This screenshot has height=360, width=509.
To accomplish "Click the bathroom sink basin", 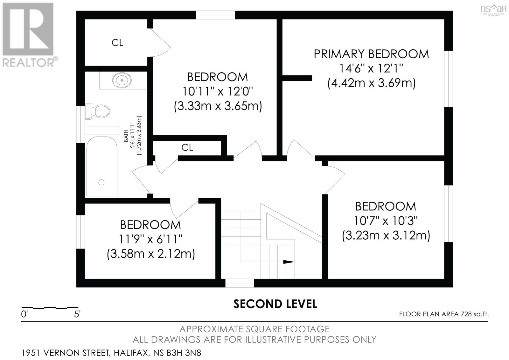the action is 122,80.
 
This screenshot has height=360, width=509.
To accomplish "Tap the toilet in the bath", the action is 97,111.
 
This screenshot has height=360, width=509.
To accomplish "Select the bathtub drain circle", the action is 101,182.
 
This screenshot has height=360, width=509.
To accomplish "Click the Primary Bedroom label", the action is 371,54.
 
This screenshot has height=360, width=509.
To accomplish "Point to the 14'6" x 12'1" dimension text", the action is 371,68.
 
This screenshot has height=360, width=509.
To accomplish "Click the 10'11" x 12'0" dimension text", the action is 218,92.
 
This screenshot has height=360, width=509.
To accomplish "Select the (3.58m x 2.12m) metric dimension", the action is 151,254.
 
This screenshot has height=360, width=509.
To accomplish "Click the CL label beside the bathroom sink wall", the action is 117,43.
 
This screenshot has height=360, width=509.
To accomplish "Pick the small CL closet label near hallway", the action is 187,148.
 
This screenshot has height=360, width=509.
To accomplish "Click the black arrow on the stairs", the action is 289,262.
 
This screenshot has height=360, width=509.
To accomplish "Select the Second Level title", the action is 275,304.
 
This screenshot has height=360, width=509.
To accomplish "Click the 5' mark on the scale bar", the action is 77,314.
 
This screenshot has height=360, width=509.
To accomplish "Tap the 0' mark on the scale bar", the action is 24,314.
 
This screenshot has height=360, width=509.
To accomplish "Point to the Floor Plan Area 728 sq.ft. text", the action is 444,314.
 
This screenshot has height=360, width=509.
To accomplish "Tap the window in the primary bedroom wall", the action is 448,79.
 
